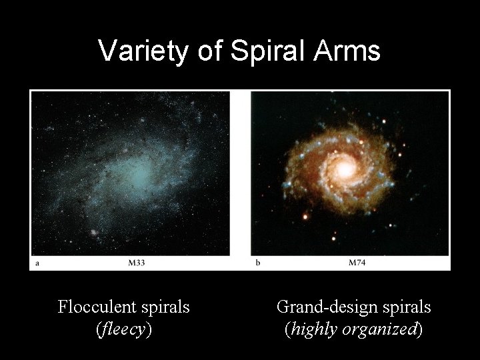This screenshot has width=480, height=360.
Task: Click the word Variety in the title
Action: click(143, 51)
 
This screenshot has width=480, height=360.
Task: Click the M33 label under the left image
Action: click(137, 263)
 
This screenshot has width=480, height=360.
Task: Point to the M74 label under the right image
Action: click(357, 263)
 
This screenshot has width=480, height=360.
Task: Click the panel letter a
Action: click(37, 263)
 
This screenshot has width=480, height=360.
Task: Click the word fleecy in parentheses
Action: click(123, 329)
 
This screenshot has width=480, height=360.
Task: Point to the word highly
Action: click(313, 329)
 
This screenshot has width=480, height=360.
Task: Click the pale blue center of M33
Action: click(140, 175)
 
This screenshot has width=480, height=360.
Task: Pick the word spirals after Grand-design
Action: click(406, 307)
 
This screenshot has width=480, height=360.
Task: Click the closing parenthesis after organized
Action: click(419, 329)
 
